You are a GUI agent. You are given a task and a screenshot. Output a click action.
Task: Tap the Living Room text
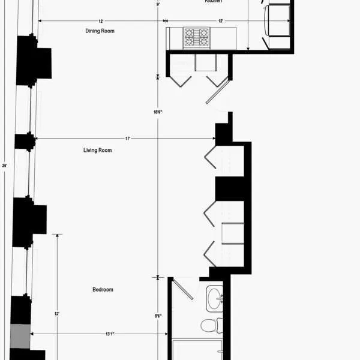pyautogui.click(x=97, y=150)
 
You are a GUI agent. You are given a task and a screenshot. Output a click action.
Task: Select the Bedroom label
pyautogui.click(x=103, y=290)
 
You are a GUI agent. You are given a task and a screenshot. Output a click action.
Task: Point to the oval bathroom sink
pyautogui.click(x=213, y=298)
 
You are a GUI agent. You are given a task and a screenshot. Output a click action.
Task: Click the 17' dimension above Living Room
pyautogui.click(x=127, y=139)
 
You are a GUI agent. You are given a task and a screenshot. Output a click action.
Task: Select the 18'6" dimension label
pyautogui.click(x=158, y=112)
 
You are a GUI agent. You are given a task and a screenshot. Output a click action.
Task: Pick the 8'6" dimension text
pyautogui.click(x=158, y=316)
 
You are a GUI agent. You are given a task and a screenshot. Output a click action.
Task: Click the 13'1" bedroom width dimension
pyautogui.click(x=110, y=334)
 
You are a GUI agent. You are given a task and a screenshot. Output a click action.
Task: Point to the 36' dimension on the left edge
pyautogui.click(x=5, y=165)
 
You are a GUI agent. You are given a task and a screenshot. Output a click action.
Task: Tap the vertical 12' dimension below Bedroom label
pyautogui.click(x=57, y=313)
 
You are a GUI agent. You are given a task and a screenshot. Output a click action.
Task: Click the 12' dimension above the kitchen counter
pyautogui.click(x=221, y=21)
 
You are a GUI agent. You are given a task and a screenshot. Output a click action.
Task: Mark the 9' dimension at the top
pyautogui.click(x=158, y=5)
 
